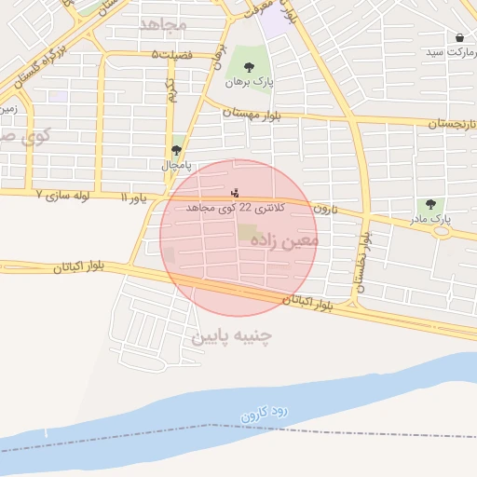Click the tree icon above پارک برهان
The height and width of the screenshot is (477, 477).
(x=248, y=66)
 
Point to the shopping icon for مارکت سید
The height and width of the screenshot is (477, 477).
(x=460, y=38)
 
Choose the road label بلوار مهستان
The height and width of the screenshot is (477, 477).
(x=252, y=114)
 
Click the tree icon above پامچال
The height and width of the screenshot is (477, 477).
(x=176, y=150)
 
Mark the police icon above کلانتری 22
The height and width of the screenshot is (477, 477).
(x=235, y=193)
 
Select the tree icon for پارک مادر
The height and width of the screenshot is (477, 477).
(x=429, y=204)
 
